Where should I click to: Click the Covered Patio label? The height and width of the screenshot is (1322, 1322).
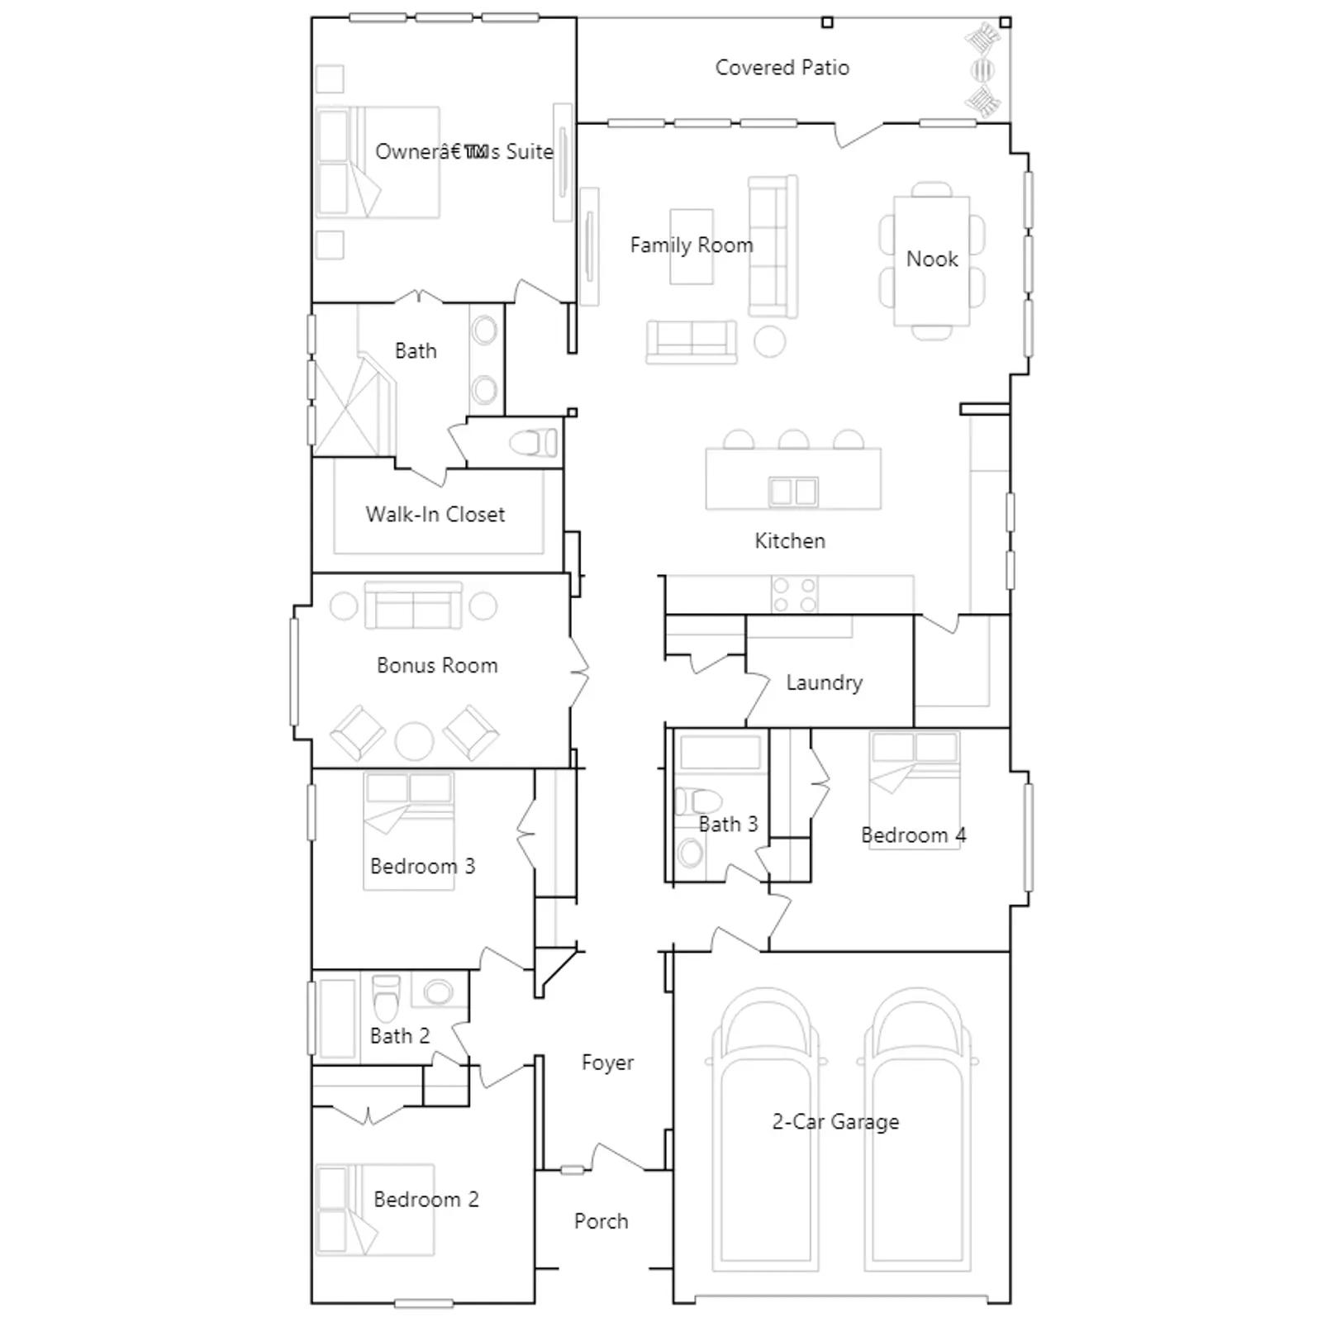782,68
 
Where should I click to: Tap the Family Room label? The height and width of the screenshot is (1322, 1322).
692,245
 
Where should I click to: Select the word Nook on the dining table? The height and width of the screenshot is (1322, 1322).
932,259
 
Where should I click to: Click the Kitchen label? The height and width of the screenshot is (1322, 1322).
790,541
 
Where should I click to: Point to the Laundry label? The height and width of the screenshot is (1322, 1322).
824,682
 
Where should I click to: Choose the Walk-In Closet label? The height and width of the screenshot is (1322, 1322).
435,515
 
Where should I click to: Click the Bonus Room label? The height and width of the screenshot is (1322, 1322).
437,666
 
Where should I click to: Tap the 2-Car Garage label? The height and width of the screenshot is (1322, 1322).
835,1122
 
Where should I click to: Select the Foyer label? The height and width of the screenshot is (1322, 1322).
607,1063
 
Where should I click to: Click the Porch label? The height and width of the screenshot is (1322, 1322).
601,1221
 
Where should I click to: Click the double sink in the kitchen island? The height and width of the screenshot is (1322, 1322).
793,492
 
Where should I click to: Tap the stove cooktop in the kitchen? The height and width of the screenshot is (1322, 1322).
793,595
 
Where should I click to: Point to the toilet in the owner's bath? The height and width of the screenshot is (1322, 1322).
534,443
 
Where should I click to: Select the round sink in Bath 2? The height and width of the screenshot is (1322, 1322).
439,991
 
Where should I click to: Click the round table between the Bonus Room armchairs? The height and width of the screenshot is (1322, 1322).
414,741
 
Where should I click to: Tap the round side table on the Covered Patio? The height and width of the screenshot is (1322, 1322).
982,69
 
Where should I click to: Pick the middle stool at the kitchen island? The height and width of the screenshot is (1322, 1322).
793,439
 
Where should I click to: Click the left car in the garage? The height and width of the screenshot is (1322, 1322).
760,1132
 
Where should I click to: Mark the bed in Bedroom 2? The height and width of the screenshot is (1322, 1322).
375,1210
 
